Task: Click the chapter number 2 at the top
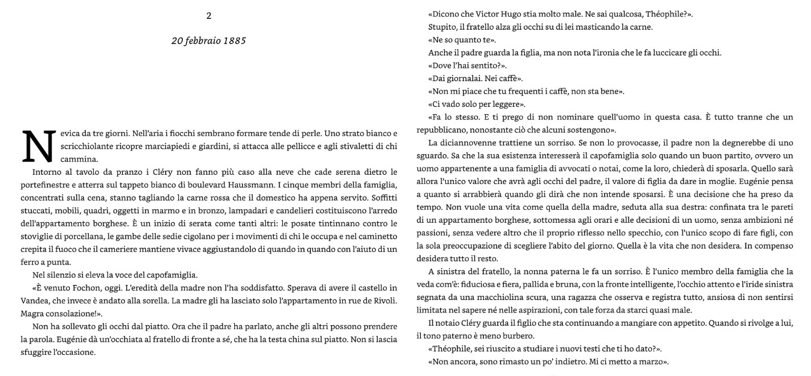pyautogui.click(x=209, y=16)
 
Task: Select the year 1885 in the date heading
pyautogui.click(x=234, y=41)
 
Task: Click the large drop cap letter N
pyautogui.click(x=37, y=146)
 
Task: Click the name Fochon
pyautogui.click(x=88, y=287)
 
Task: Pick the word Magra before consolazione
pyautogui.click(x=33, y=314)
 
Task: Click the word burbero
pyautogui.click(x=517, y=336)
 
